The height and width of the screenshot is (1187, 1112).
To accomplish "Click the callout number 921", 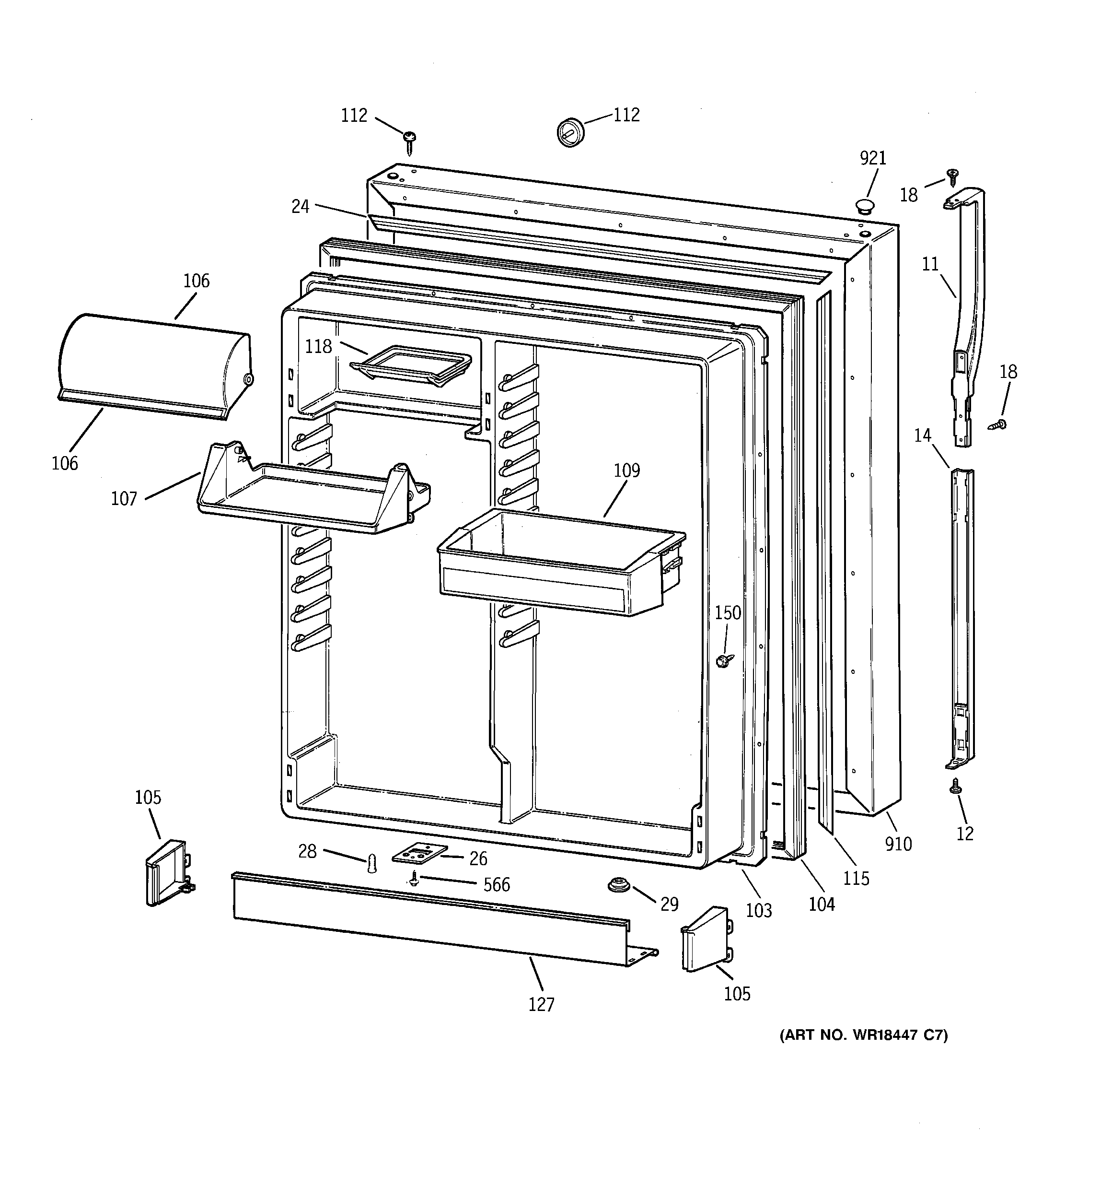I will click(x=873, y=158).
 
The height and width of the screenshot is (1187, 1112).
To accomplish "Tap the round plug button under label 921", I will click(x=864, y=207).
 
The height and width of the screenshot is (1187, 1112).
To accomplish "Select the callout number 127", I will click(x=541, y=1004).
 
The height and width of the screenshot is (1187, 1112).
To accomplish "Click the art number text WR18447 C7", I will click(x=864, y=1035).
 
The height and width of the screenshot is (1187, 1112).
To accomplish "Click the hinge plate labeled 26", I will click(x=419, y=854).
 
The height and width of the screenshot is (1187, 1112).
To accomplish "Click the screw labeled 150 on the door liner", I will click(x=725, y=660).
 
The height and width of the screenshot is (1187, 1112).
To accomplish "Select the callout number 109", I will click(x=627, y=471).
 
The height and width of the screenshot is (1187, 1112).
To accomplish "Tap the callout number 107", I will click(x=124, y=499).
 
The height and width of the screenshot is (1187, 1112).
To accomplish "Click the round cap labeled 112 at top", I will click(x=570, y=132).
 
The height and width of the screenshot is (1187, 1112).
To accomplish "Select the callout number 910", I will click(x=898, y=844).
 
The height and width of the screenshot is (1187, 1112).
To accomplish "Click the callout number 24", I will click(x=300, y=207).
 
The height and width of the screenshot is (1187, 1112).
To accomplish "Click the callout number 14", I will click(x=922, y=435).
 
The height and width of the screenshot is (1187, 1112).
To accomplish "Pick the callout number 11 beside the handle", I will click(x=930, y=264).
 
